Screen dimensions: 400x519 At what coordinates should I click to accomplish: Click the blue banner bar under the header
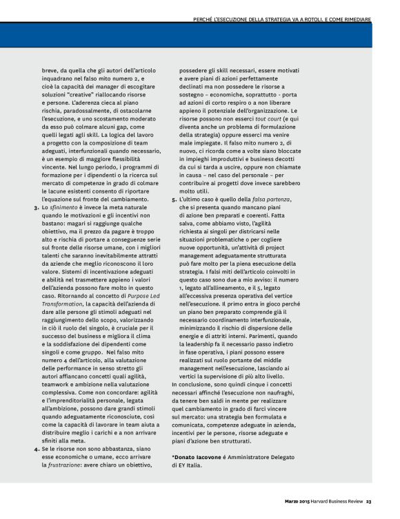point(200,36)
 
